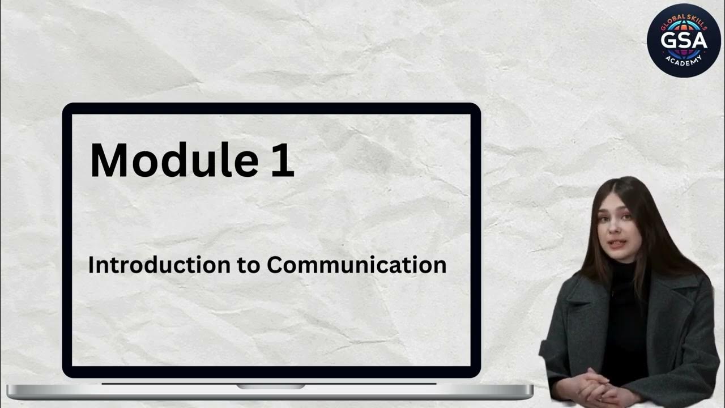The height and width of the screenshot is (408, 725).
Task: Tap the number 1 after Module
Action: coord(282,160)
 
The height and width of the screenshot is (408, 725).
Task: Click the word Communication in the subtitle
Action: coord(356,265)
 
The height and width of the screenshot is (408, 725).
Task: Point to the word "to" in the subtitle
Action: coord(248,265)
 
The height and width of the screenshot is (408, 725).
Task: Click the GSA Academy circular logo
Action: coord(684,40)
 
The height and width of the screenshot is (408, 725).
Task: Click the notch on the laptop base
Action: coord(271,386)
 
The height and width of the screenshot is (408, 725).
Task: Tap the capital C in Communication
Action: coord(275,265)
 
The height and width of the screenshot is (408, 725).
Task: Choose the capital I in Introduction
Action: coord(91,265)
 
